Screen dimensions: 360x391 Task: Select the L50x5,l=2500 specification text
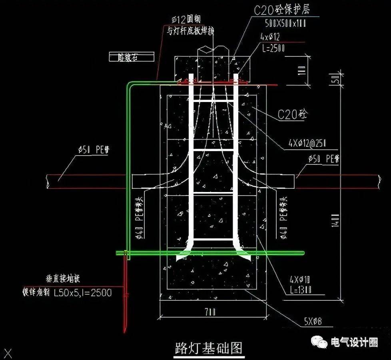[x=83, y=293]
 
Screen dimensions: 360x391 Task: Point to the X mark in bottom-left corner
[x=9, y=353]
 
